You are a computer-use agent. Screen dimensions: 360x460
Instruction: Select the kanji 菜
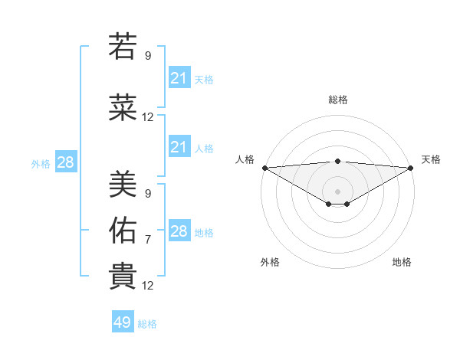coord(123,108)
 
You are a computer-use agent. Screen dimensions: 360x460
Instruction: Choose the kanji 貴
coord(123,276)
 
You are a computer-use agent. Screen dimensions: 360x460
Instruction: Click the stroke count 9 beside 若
coord(148,55)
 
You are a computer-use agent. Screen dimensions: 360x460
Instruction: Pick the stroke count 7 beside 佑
coord(148,240)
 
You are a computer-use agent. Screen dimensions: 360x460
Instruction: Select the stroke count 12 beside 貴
coord(148,286)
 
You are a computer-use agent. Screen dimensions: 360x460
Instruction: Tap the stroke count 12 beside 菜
coord(148,117)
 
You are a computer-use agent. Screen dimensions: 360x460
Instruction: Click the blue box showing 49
coord(123,322)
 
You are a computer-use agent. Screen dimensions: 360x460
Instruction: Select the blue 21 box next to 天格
coord(179,78)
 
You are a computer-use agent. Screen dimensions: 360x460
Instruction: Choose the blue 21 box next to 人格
coord(179,147)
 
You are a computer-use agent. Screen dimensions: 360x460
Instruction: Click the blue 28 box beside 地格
coord(179,231)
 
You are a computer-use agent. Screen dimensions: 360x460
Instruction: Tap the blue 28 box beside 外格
coord(65,162)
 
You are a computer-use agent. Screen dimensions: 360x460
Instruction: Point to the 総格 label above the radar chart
coord(337,100)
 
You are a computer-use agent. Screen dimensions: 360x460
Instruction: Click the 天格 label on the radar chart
coord(431,159)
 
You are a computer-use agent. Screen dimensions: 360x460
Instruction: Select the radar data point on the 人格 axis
coord(264,168)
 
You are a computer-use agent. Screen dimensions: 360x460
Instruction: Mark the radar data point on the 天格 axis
coord(411,168)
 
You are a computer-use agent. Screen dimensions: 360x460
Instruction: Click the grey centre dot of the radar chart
coord(337,191)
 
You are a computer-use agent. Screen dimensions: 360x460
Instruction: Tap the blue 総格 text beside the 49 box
coord(147,324)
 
